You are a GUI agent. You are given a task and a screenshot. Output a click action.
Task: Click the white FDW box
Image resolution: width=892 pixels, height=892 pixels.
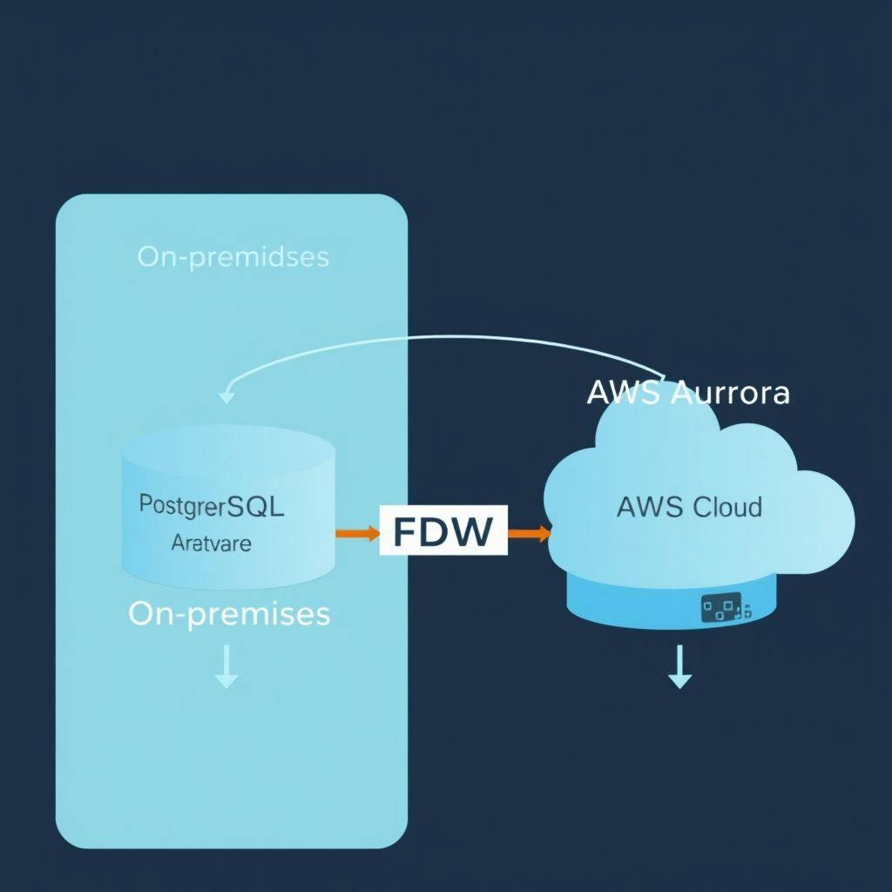point(443,531)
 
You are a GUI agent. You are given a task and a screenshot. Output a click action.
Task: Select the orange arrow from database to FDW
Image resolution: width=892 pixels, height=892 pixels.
point(357,531)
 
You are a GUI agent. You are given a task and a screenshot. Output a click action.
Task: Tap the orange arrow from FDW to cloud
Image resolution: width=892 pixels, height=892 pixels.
point(529,531)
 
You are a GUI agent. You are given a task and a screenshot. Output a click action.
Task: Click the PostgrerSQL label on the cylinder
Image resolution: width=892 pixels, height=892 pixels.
point(212,506)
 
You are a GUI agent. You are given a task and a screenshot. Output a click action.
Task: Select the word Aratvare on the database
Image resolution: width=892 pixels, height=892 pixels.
point(212,544)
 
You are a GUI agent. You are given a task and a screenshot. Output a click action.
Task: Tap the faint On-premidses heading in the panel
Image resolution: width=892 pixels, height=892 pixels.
point(233,257)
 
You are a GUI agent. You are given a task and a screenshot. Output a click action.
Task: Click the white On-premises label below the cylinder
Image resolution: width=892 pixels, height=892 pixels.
point(229,613)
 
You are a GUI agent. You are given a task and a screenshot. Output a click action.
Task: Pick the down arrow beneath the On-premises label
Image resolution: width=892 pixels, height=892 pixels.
point(226,668)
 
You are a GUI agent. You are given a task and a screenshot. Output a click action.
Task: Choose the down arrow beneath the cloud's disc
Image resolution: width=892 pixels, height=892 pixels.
point(679,669)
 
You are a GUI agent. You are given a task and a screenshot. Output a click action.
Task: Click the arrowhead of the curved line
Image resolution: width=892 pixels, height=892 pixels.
point(226,396)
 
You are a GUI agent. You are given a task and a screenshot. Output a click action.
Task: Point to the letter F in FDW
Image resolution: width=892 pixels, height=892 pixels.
point(406,531)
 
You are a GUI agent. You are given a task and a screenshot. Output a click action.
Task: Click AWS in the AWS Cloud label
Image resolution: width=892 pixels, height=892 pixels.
point(649,506)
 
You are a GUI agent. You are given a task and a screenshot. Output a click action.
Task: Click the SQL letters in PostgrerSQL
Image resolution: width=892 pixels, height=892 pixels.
point(260,506)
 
